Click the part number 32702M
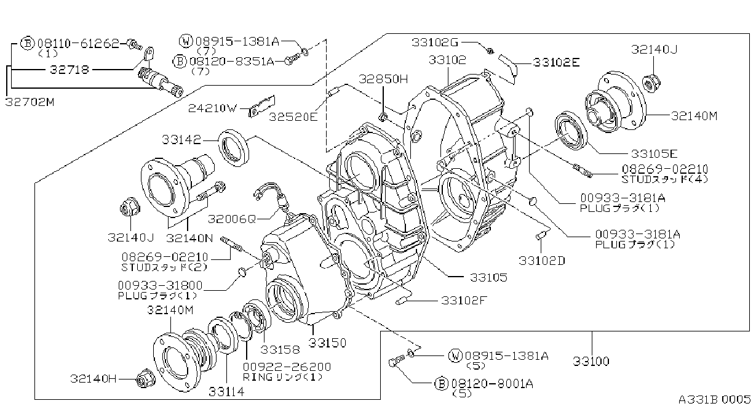point(30,102)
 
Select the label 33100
point(591,362)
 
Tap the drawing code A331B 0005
point(715,400)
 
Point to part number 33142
point(181,140)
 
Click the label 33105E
point(654,154)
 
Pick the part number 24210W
point(213,108)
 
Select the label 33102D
point(542,261)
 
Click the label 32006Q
point(232,219)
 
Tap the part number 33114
point(226,392)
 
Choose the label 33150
point(327,343)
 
